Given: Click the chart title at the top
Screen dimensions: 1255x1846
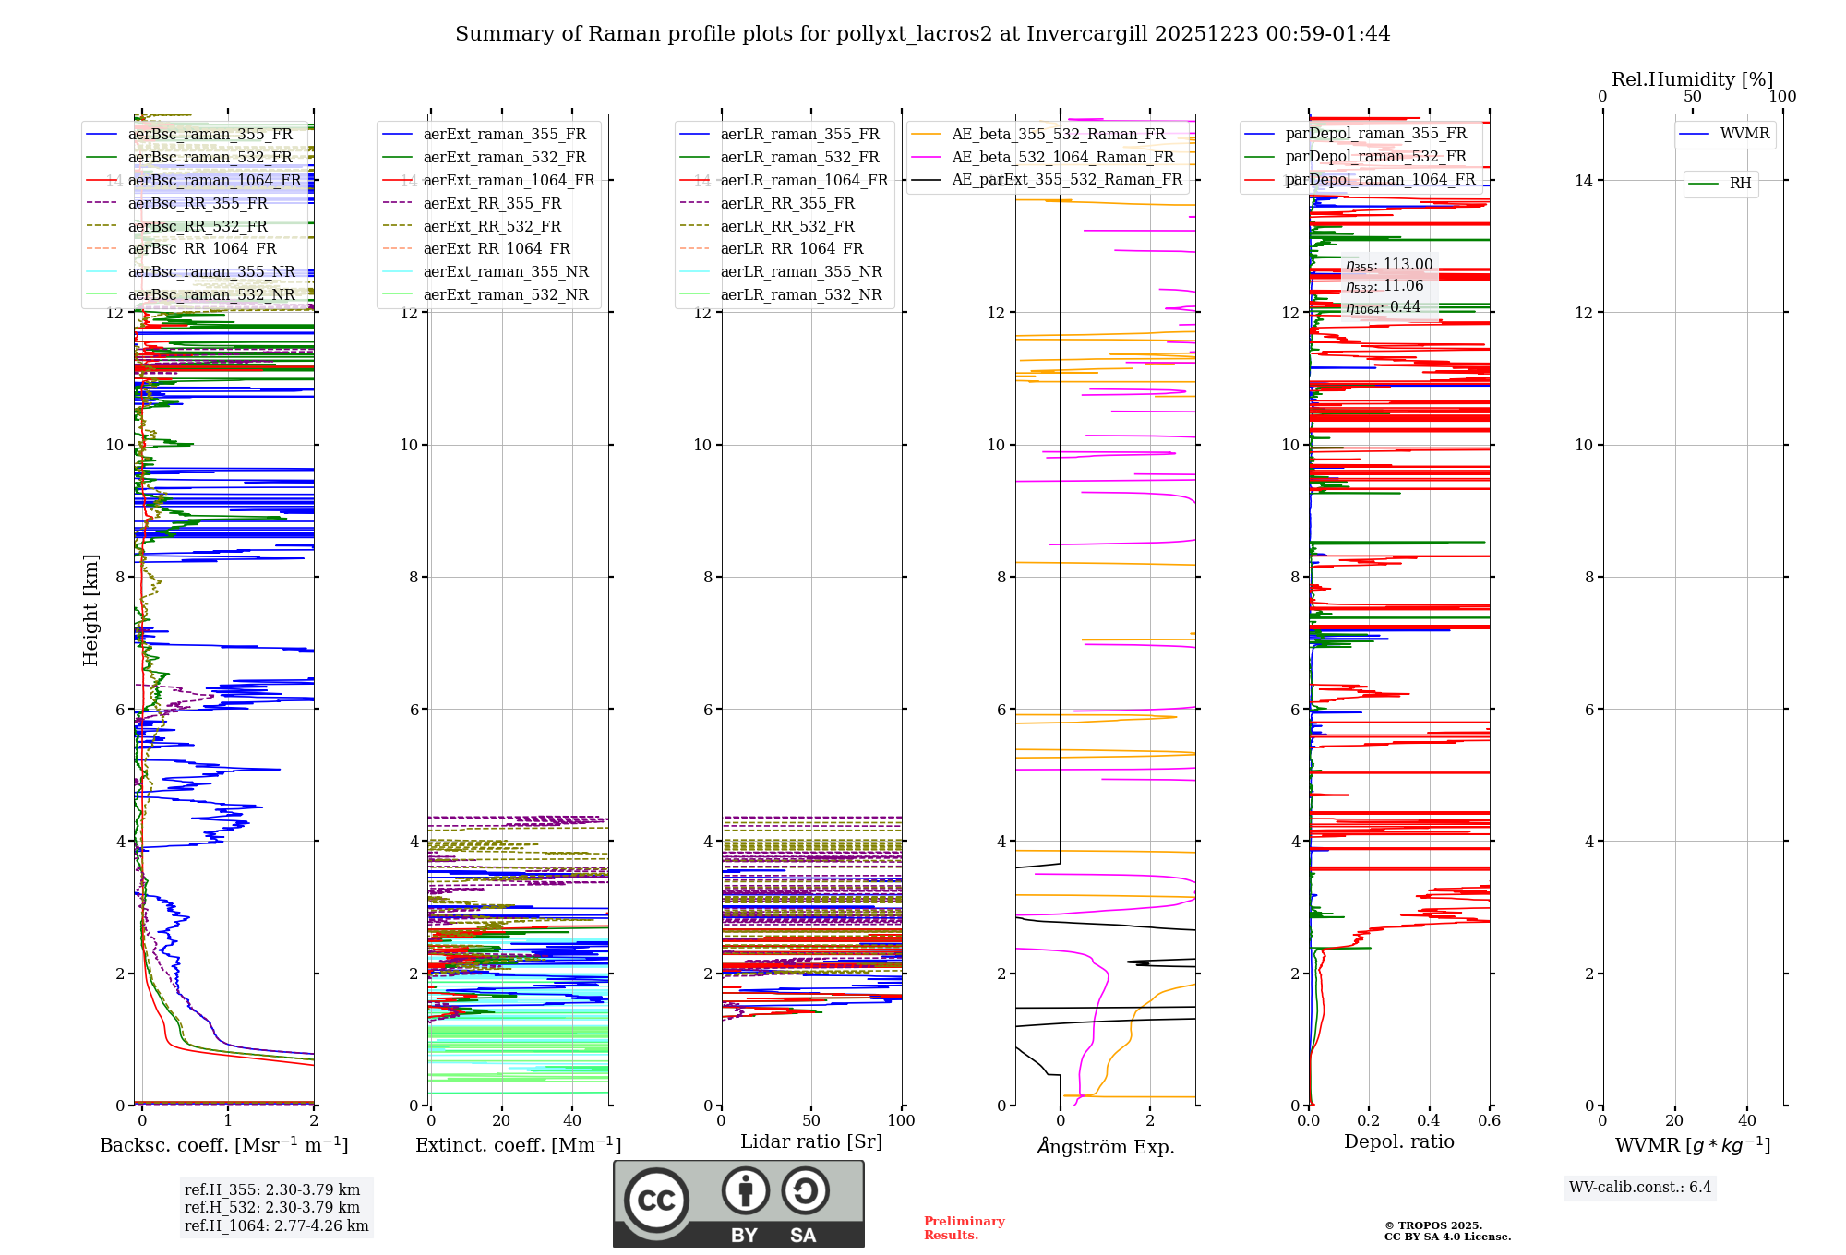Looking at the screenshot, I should click(x=922, y=34).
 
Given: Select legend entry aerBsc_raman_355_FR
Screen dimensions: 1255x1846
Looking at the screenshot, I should click(x=210, y=135).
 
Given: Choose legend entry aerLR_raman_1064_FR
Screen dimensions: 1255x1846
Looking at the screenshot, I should click(x=804, y=181).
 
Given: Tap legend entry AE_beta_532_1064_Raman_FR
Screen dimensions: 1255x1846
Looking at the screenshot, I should click(x=1062, y=158).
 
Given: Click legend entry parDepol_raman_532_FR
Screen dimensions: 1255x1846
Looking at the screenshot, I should click(x=1375, y=157).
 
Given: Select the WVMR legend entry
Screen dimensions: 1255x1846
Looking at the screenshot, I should click(x=1744, y=134).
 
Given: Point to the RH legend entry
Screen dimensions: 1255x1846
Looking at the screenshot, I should click(x=1740, y=184).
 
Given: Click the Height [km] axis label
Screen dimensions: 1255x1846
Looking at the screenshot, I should click(x=90, y=610).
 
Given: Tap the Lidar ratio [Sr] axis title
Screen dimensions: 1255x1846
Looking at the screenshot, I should click(x=810, y=1142).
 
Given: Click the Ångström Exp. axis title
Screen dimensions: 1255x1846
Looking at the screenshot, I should click(x=1105, y=1146).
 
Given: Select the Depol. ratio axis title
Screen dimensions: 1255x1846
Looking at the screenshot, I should click(x=1398, y=1142).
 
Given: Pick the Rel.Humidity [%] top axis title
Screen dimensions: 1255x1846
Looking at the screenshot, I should click(x=1692, y=79).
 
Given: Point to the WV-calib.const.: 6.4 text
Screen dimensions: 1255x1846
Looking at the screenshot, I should click(x=1640, y=1188).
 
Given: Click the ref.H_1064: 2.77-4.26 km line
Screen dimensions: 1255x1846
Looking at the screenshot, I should click(x=276, y=1226).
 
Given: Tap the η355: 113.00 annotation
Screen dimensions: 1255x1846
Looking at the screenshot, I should click(x=1389, y=265).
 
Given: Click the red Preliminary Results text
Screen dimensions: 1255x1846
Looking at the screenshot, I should click(x=964, y=1228).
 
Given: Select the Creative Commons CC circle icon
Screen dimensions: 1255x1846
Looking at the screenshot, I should click(x=656, y=1201).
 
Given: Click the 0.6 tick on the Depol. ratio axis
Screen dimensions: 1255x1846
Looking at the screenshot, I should click(x=1489, y=1121).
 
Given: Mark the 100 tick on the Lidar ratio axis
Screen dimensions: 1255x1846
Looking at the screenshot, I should click(x=901, y=1121).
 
